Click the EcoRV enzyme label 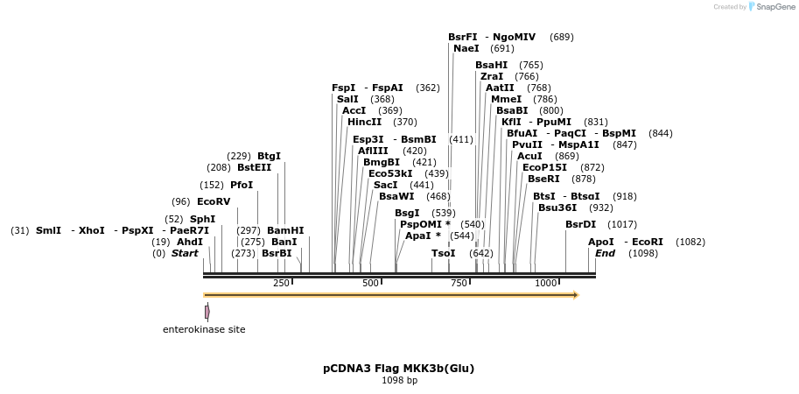214,201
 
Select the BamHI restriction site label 285,230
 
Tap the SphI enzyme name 202,219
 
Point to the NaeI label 466,48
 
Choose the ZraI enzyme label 492,76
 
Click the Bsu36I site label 557,208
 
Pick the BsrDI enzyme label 581,224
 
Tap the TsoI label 444,253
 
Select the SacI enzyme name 386,185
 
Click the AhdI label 190,242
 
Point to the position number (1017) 622,224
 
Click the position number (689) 562,37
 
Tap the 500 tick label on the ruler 370,283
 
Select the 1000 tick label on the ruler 546,283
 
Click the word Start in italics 185,253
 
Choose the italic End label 605,253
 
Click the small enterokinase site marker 207,312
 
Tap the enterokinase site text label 204,329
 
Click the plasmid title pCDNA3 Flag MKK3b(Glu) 398,368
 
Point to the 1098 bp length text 399,380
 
